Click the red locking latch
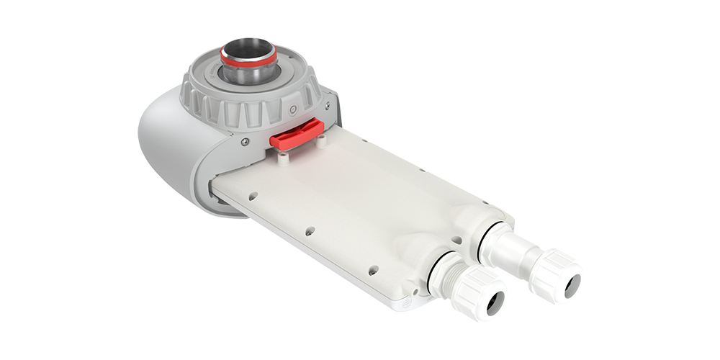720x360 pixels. (296, 135)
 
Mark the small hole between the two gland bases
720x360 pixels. (456, 240)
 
